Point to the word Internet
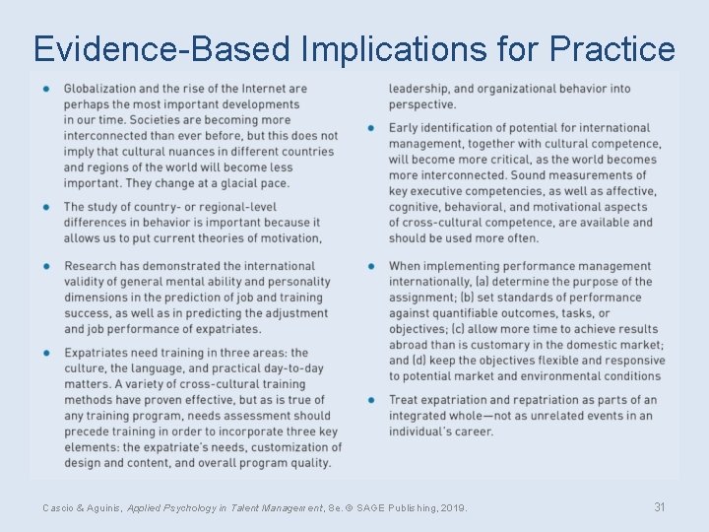[x=263, y=89]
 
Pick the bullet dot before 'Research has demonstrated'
[x=46, y=266]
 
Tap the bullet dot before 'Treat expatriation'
[x=371, y=400]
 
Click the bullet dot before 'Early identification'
[x=371, y=128]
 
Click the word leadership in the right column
[x=421, y=89]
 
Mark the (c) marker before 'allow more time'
[x=459, y=329]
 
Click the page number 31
[x=660, y=506]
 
